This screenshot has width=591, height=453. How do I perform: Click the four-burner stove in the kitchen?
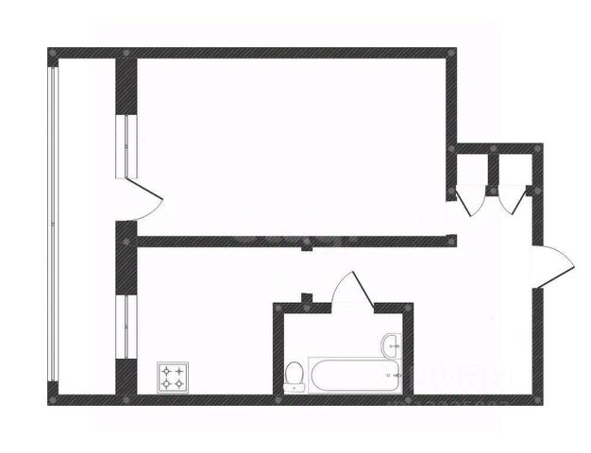[173, 377]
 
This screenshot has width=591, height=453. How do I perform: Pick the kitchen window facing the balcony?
[126, 327]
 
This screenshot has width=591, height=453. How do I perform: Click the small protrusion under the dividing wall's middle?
[304, 249]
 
